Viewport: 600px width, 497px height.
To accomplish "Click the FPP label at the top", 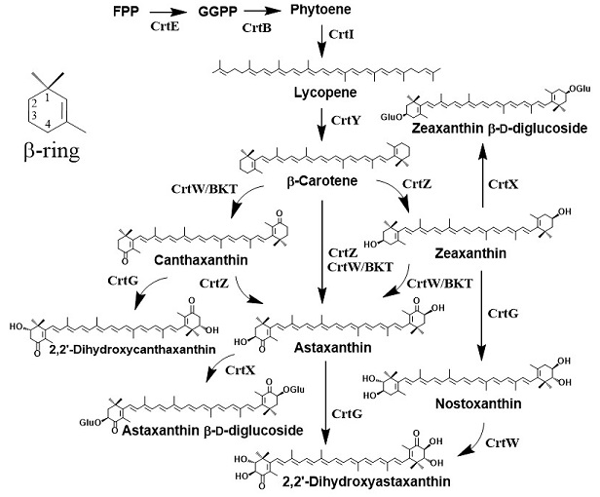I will (x=124, y=14).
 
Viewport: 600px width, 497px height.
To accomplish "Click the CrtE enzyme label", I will (x=165, y=29).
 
